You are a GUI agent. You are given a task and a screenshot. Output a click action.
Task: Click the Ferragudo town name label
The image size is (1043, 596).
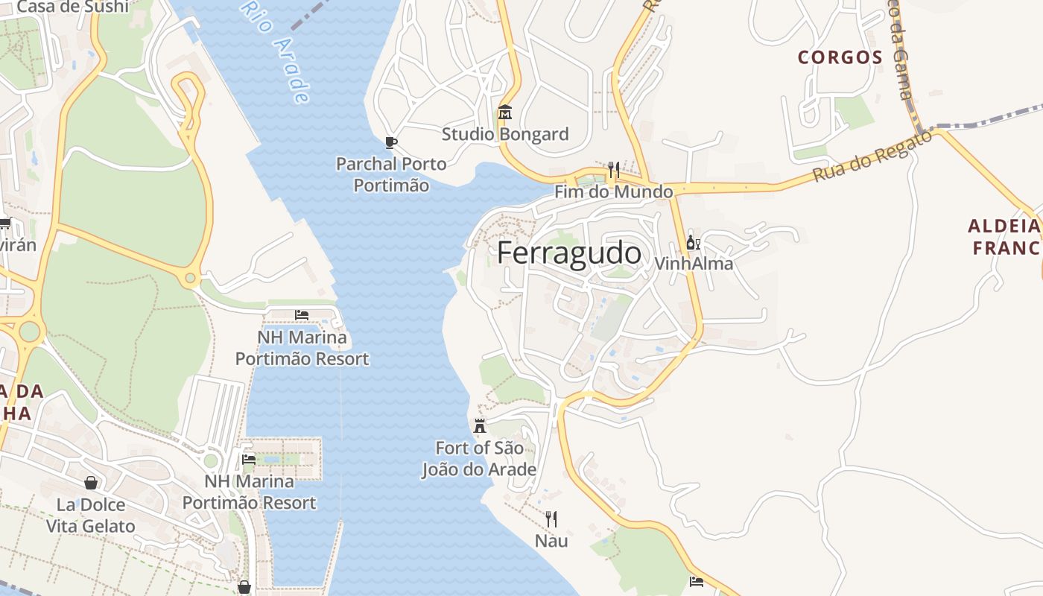point(568,254)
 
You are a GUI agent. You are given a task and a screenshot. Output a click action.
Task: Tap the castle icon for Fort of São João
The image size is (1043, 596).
point(480,426)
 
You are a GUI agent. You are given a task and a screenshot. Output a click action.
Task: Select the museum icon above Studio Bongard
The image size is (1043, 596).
point(505,112)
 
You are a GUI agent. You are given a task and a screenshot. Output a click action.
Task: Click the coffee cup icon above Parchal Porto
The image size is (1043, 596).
point(391,142)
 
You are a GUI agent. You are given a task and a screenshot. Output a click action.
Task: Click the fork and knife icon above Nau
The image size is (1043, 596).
point(551,519)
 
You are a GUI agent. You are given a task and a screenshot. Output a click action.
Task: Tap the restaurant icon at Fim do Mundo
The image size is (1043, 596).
point(613,171)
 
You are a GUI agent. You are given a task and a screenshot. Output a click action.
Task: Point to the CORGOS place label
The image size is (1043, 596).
point(840,57)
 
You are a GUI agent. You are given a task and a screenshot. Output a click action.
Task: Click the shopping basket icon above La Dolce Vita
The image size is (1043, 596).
point(91,483)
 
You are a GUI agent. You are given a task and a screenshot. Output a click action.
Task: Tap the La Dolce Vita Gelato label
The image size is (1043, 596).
point(91,516)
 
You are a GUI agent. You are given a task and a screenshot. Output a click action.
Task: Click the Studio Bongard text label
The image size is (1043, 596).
point(505,134)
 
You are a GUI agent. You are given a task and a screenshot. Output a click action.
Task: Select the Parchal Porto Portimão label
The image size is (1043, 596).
point(391,174)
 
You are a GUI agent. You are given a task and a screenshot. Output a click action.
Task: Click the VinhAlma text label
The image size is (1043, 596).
point(694,264)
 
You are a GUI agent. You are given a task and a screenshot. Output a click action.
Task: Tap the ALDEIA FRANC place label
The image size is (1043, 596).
point(1004,237)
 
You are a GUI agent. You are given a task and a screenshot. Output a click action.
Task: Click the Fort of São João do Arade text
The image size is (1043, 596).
point(479,459)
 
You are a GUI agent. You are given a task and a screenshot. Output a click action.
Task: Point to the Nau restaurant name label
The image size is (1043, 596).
point(551,541)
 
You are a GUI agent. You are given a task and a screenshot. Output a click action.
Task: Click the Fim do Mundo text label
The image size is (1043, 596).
point(613,192)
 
